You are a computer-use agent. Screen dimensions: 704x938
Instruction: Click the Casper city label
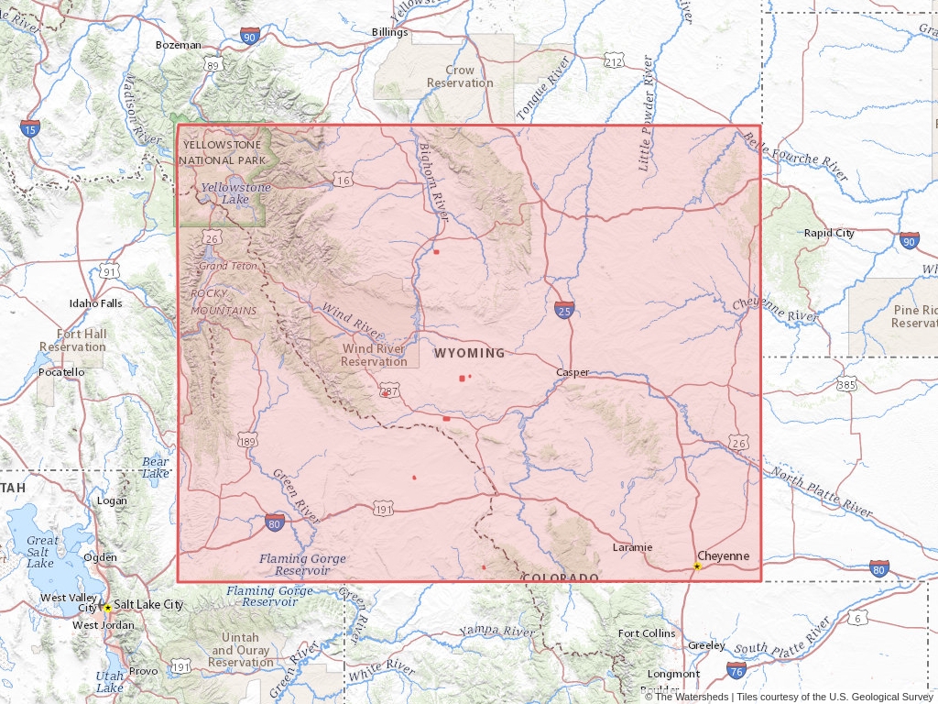tap(573, 372)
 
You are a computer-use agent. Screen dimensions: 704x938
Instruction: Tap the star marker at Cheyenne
tap(697, 566)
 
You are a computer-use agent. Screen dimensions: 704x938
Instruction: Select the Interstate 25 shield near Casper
tap(564, 312)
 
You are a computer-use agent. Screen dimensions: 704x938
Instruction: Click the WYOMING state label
tap(469, 353)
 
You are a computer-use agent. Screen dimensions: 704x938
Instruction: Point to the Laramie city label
tap(632, 547)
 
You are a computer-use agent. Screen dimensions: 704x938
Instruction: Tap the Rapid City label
tap(829, 233)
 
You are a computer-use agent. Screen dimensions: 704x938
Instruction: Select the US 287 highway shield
tap(389, 391)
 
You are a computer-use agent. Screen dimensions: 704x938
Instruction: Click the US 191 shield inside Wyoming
tap(383, 509)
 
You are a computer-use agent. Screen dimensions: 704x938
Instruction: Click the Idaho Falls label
tap(95, 303)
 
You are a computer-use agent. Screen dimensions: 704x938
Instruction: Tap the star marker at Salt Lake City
tap(107, 608)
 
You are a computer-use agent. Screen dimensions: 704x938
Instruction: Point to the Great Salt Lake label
tap(41, 552)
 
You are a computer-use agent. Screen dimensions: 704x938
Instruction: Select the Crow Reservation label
tap(460, 76)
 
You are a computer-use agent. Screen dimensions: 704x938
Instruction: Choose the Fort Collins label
tap(647, 633)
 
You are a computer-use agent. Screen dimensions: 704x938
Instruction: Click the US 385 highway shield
tap(845, 385)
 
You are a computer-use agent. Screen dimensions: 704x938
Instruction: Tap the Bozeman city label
tap(178, 45)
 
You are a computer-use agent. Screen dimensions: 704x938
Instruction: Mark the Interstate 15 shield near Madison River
tap(30, 128)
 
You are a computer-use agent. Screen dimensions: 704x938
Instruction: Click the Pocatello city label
tap(61, 372)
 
